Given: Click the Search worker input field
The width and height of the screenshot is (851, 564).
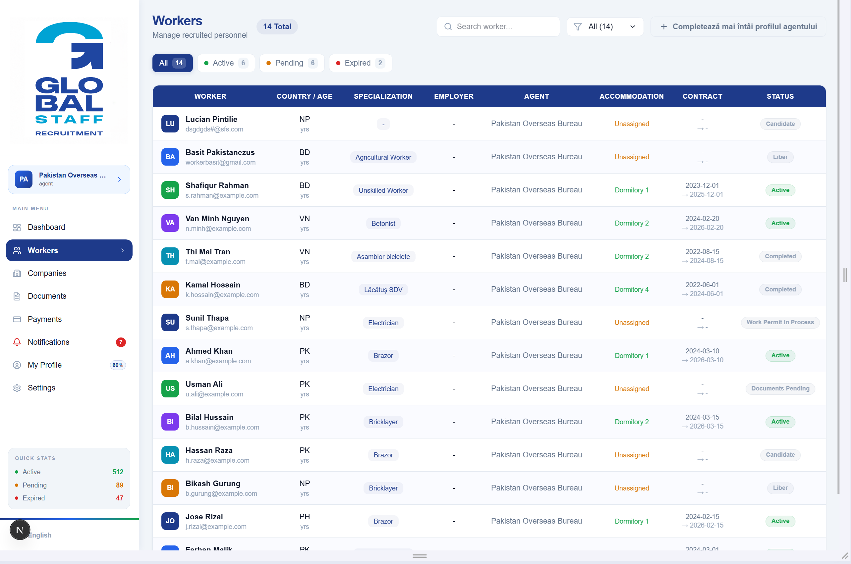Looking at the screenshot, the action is [498, 26].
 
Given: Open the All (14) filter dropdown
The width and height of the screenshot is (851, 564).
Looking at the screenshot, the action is [605, 26].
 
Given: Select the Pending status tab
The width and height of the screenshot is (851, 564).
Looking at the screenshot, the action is [292, 63].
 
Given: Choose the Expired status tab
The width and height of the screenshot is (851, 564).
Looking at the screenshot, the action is [360, 63].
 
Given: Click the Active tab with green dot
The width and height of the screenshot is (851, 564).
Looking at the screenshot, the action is [226, 63].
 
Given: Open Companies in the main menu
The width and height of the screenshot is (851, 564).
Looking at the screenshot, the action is [47, 273].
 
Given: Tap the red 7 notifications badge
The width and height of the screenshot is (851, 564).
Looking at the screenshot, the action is [121, 342].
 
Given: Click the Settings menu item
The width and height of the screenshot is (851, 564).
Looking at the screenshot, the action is [41, 388].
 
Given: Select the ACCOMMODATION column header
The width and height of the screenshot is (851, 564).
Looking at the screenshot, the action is [632, 96].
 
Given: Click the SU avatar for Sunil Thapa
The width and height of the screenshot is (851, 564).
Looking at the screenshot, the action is [170, 322].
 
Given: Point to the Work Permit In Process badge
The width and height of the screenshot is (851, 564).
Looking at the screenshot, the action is [780, 322].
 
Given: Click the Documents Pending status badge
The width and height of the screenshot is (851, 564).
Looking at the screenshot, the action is [780, 388].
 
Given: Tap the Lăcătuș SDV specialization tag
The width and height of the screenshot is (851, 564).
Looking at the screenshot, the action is [383, 289].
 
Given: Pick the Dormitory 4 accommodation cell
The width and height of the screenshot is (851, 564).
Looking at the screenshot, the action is [632, 289].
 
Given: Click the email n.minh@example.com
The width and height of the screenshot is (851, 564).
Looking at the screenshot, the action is [218, 229].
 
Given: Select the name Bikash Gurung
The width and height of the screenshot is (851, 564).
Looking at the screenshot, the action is [213, 484].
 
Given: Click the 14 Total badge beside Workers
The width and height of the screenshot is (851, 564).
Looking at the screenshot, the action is [277, 26].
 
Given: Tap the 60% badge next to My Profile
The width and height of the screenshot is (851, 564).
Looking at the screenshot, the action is [118, 365].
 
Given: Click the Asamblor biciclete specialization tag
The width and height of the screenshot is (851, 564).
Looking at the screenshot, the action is [383, 256].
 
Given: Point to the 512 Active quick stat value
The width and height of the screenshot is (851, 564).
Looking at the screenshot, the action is [118, 472].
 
